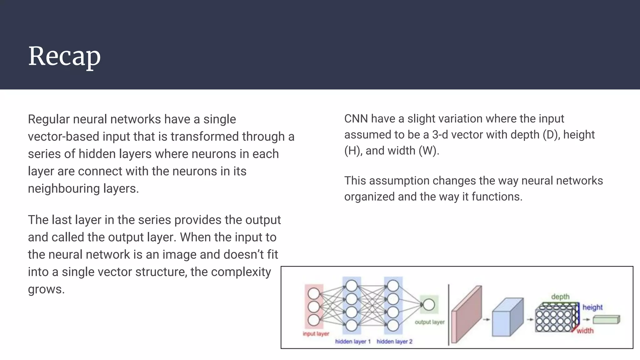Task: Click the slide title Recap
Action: [x=64, y=56]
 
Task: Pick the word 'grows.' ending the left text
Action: [x=46, y=289]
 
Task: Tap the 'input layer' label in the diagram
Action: [x=316, y=334]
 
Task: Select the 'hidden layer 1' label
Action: [x=352, y=342]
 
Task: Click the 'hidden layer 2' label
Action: [x=394, y=342]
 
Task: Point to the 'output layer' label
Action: [x=429, y=322]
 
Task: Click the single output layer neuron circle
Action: [x=429, y=304]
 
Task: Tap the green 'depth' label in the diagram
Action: [x=560, y=297]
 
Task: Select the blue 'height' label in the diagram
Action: [x=592, y=307]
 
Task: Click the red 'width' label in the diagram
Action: [x=585, y=331]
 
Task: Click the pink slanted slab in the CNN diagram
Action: [x=467, y=314]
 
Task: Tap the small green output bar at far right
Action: [x=606, y=320]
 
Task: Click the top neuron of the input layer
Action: [x=314, y=294]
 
